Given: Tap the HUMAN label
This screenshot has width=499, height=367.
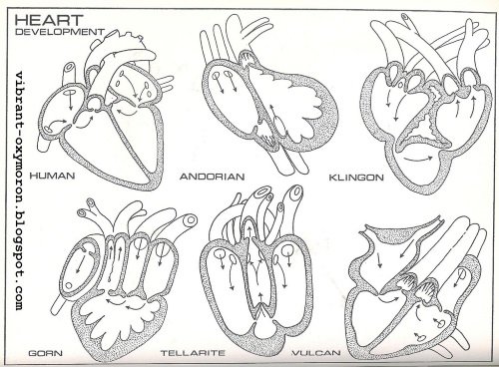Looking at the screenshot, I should click(53, 177).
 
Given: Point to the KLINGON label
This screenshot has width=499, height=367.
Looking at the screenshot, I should click(353, 177).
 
